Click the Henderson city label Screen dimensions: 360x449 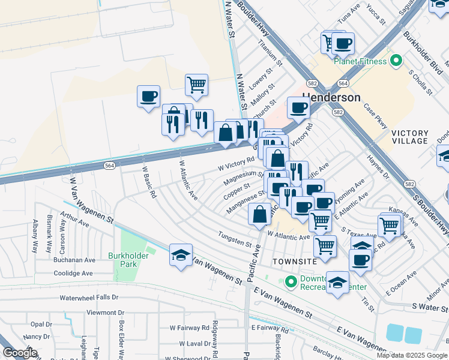332,97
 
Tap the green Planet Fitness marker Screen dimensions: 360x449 396,61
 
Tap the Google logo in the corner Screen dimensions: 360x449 20,353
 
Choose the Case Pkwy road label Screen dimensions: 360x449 376,115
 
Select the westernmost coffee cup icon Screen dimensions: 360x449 148,95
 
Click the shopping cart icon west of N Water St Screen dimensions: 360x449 196,85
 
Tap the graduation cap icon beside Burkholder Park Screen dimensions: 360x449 181,255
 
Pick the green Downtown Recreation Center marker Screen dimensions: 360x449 292,281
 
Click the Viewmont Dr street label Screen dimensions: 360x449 105,313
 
